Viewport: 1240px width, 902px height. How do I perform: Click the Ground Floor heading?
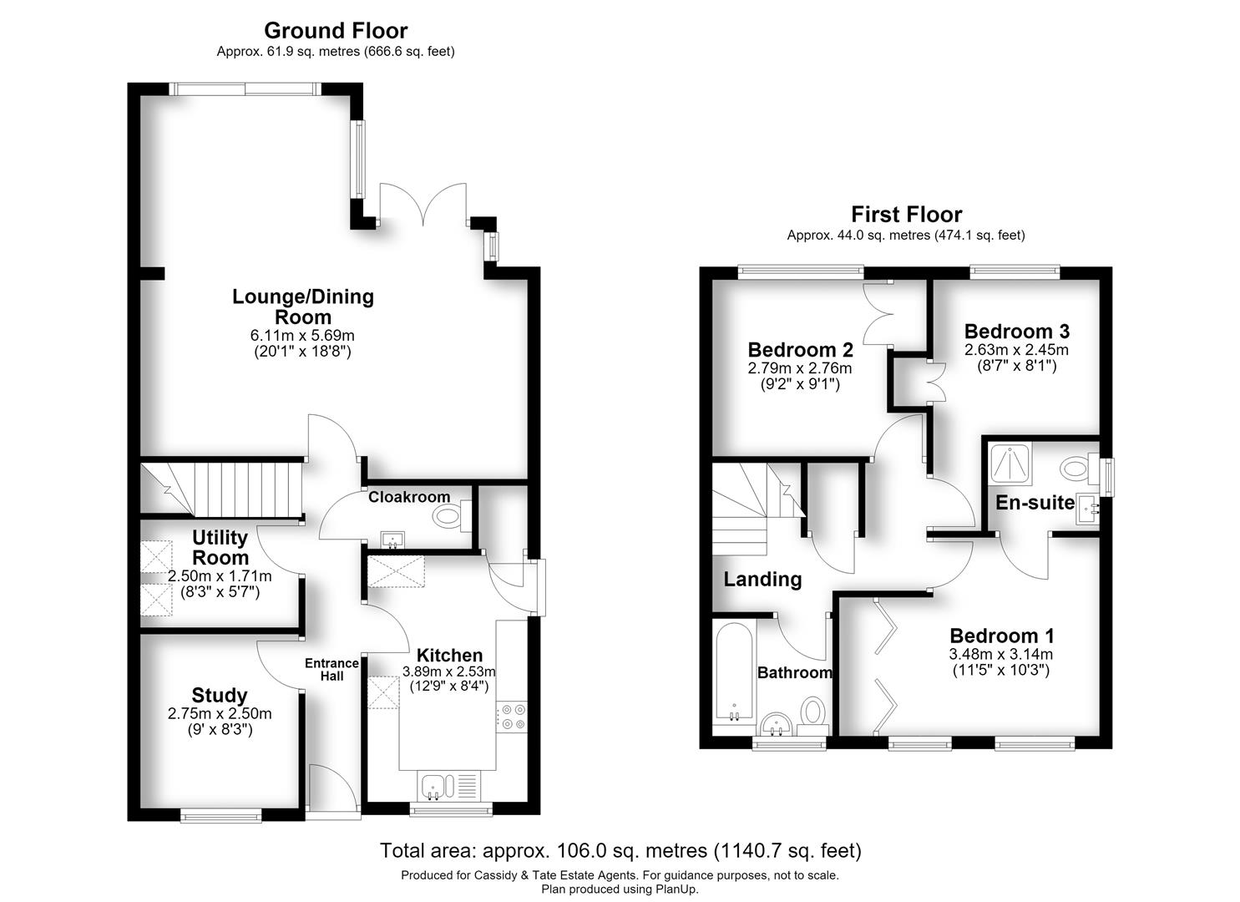click(x=336, y=30)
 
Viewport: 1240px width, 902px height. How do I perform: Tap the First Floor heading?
click(x=906, y=214)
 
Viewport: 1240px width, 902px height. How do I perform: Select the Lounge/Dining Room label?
click(x=303, y=307)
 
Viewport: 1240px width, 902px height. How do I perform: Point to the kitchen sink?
click(x=438, y=787)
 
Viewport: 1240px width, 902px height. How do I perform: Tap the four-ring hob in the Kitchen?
click(x=512, y=717)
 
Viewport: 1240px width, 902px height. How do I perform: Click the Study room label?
click(x=220, y=696)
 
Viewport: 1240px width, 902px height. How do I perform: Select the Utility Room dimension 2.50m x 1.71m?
click(x=220, y=576)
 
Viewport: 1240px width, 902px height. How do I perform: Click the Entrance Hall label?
click(x=332, y=670)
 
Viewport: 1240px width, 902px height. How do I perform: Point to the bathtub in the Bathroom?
click(x=734, y=672)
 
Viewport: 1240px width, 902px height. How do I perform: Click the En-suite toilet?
click(x=1079, y=469)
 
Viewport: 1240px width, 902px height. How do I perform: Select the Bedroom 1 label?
click(x=1002, y=636)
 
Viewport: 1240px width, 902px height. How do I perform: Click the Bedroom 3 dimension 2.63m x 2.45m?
click(x=1016, y=349)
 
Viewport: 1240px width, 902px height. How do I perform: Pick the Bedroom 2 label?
click(x=800, y=350)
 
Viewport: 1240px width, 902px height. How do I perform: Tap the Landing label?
click(x=763, y=579)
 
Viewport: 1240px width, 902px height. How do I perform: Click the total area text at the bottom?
click(x=620, y=850)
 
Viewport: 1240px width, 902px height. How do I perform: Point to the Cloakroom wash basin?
click(x=393, y=539)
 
